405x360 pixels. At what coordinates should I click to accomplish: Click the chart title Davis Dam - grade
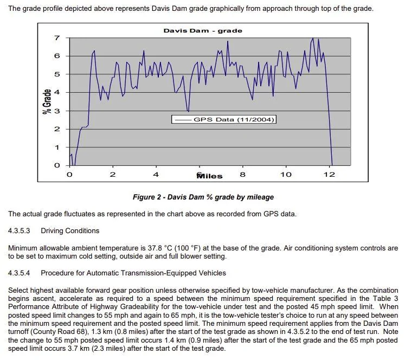pyautogui.click(x=203, y=31)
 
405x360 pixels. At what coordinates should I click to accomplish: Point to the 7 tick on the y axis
pyautogui.click(x=57, y=38)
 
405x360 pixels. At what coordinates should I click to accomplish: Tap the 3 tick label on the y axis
pyautogui.click(x=57, y=111)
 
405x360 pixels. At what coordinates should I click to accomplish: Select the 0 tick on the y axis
pyautogui.click(x=57, y=165)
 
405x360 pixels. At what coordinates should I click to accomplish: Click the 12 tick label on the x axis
pyautogui.click(x=329, y=175)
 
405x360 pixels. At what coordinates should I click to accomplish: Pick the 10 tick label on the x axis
pyautogui.click(x=286, y=175)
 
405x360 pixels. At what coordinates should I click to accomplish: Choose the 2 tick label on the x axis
pyautogui.click(x=113, y=175)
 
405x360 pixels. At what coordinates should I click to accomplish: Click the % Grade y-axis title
pyautogui.click(x=47, y=101)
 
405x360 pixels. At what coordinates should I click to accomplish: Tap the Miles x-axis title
pyautogui.click(x=209, y=176)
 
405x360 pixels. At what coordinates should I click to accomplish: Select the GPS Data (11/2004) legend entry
pyautogui.click(x=224, y=119)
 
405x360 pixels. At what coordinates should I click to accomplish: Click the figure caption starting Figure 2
pyautogui.click(x=203, y=197)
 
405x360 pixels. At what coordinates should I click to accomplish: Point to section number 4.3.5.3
pyautogui.click(x=19, y=230)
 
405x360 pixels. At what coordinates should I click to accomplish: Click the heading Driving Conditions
pyautogui.click(x=70, y=230)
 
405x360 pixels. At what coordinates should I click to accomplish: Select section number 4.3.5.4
pyautogui.click(x=19, y=273)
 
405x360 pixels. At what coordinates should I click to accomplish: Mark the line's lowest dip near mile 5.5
pyautogui.click(x=189, y=111)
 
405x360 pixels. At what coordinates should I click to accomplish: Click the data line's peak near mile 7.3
pyautogui.click(x=228, y=41)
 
